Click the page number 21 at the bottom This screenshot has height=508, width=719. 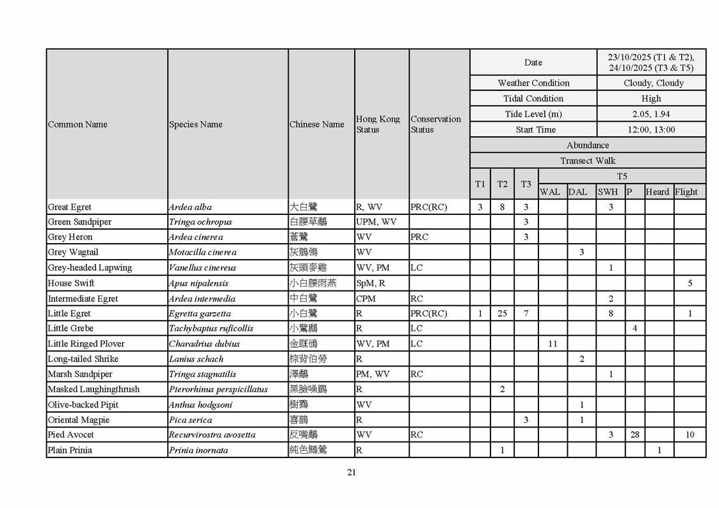(x=351, y=473)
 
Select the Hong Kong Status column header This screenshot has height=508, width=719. (x=378, y=124)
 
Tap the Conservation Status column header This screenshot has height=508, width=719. (x=435, y=124)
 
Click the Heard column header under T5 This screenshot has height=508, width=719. (x=658, y=192)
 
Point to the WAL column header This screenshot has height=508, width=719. (x=550, y=192)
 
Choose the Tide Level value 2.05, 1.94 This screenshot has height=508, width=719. (x=651, y=114)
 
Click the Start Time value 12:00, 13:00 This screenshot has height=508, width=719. (x=651, y=130)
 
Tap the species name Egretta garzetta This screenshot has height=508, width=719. (x=200, y=314)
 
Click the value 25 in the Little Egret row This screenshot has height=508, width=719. (x=503, y=314)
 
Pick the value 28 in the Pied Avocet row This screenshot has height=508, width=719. (x=634, y=435)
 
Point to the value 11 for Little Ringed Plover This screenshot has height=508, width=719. (x=553, y=344)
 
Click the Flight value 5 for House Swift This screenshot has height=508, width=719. (x=690, y=283)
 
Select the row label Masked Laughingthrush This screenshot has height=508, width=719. (x=93, y=389)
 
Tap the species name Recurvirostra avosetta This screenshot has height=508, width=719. (x=212, y=435)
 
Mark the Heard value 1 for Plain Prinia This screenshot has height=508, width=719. (x=659, y=450)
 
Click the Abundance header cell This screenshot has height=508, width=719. (x=588, y=145)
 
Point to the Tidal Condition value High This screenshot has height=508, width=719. (x=651, y=99)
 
